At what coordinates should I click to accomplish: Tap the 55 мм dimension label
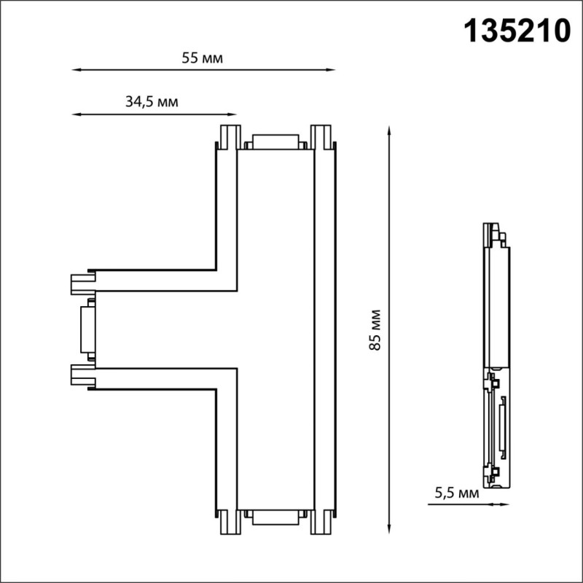203,58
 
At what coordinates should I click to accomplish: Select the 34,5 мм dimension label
152,102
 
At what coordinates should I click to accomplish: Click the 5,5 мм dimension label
457,493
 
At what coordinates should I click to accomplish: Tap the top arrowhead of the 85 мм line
391,130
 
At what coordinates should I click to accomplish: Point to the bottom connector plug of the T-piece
275,517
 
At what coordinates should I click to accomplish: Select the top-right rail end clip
321,136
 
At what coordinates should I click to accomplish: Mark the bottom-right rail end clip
321,522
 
